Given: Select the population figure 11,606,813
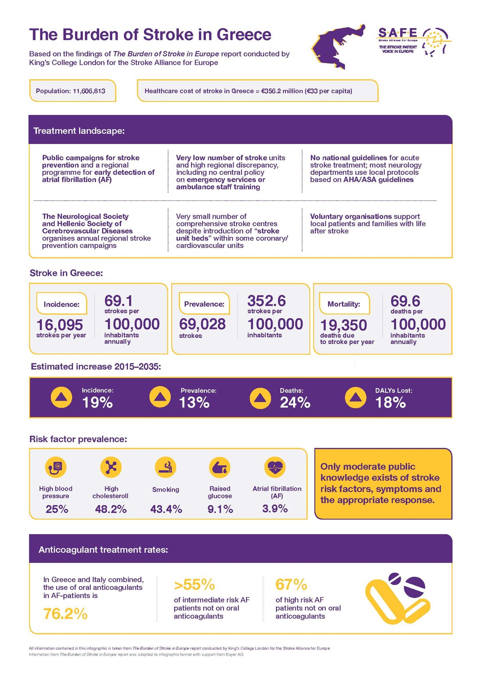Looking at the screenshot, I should tap(89, 91).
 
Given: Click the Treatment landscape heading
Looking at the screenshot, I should tap(79, 131).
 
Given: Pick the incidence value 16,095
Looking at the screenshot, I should tap(60, 325).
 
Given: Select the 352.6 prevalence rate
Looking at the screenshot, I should tap(266, 301).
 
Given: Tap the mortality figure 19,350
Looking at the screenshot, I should tap(343, 325).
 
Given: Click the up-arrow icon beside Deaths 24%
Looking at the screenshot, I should tap(260, 398).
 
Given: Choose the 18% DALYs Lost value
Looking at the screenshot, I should tap(391, 403).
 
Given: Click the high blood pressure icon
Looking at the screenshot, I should tap(56, 467).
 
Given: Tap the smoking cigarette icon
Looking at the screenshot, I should tap(165, 467).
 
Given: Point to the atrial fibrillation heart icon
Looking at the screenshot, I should tap(275, 467).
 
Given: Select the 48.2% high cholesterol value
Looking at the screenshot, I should tap(110, 509).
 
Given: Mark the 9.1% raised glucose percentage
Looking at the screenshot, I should tap(220, 509).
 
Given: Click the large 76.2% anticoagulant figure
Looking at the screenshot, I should tap(65, 614).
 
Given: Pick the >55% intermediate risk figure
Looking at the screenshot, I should tap(194, 585).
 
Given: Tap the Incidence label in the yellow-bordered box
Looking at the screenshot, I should tap(61, 304).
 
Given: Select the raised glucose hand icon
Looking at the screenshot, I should tap(220, 467).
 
